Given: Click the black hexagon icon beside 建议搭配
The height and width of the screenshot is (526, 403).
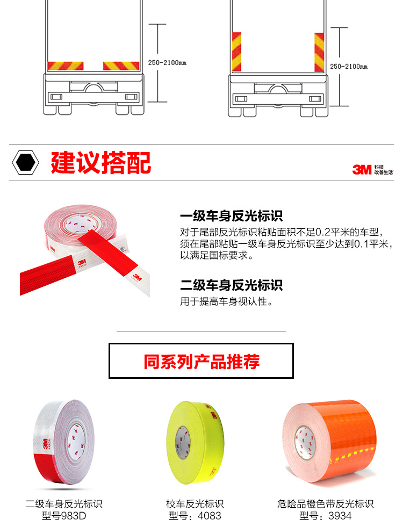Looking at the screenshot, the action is click(25, 162).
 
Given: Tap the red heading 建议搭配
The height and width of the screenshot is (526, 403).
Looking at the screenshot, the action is click(101, 163).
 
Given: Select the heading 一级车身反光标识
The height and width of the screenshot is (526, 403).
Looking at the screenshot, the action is click(231, 216).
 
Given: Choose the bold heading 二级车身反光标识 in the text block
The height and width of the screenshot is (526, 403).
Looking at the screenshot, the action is click(231, 285).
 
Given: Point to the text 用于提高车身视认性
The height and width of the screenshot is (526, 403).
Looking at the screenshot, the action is click(226, 301).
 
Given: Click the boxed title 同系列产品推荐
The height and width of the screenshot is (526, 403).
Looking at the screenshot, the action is click(201, 362).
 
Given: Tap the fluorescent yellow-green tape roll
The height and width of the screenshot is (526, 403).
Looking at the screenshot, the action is click(195, 443).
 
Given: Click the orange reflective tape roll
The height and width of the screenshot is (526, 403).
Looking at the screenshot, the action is click(329, 441).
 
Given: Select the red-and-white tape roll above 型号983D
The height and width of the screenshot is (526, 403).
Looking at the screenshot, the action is click(64, 442).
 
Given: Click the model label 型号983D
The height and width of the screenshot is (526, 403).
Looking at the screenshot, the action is click(64, 516).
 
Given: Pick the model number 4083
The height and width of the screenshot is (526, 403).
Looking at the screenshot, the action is click(210, 516).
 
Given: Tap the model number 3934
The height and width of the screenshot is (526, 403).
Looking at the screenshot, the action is click(340, 516).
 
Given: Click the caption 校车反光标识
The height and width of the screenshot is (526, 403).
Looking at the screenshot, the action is click(195, 504).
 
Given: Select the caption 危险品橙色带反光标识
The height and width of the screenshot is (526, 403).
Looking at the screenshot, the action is click(326, 504).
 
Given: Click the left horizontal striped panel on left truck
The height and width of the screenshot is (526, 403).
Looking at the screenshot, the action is click(66, 66).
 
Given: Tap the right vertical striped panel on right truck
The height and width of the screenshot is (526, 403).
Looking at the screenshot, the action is click(319, 52).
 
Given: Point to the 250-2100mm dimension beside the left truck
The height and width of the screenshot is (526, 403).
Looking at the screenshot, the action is click(167, 63).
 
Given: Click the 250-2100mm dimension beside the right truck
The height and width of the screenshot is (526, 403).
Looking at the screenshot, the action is click(349, 67).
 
